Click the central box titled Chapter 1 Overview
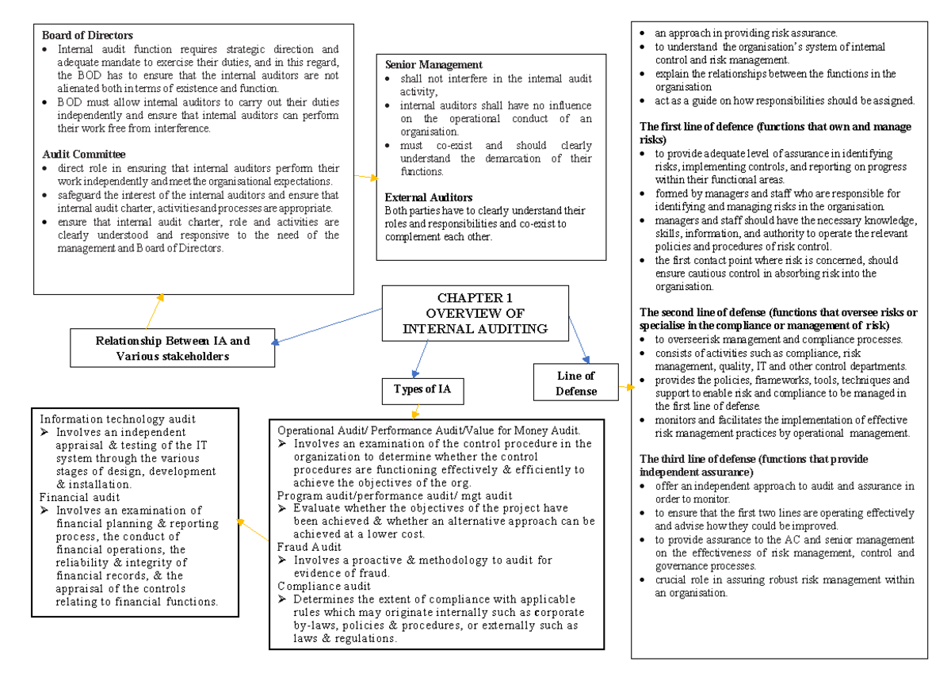(475, 313)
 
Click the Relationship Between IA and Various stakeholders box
(173, 348)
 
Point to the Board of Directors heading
(87, 36)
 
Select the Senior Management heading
(433, 64)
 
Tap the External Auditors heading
(429, 197)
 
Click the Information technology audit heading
(118, 419)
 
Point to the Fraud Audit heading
(309, 546)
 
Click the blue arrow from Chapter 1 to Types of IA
(421, 358)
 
